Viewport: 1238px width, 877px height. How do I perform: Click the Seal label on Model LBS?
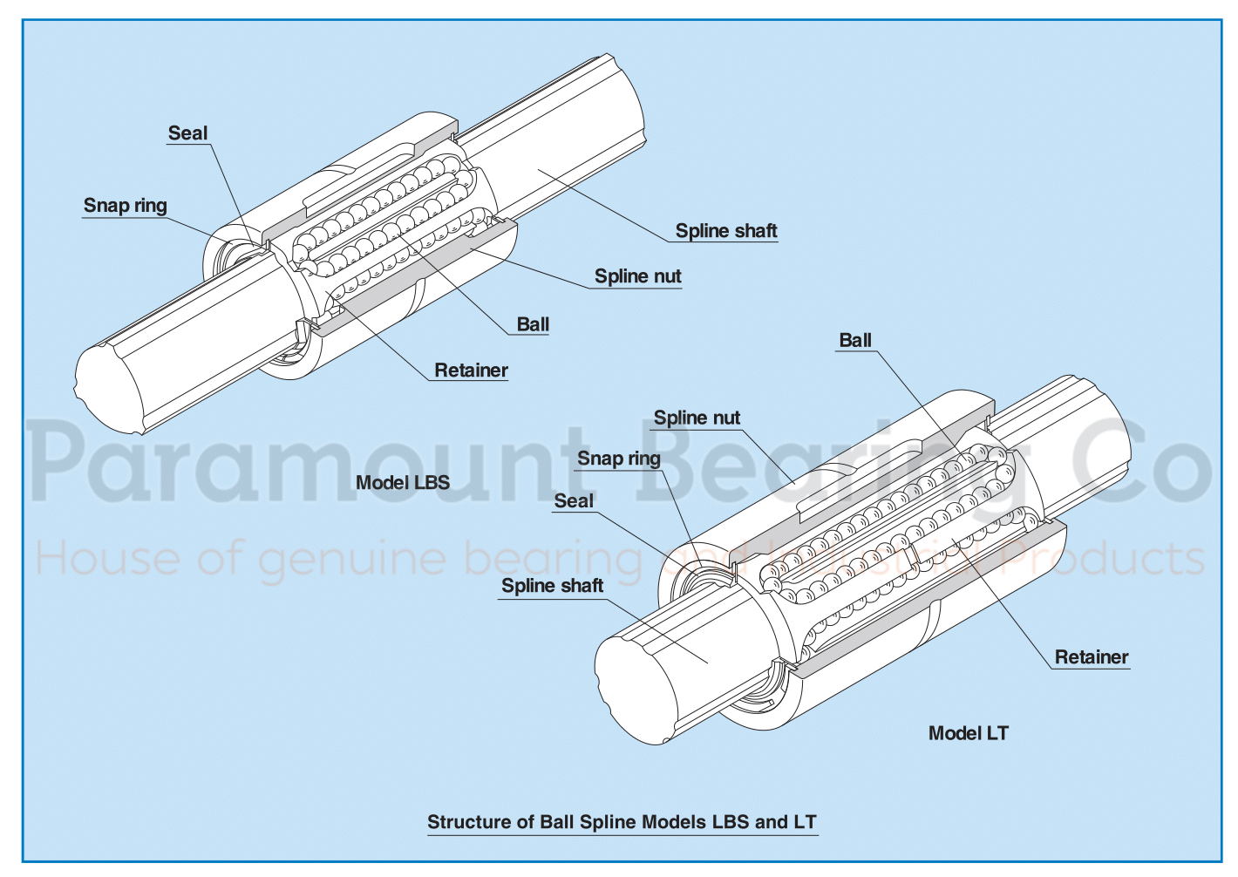(187, 133)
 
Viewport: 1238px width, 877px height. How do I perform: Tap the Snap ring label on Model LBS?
(125, 206)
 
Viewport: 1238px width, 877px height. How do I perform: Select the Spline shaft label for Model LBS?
(725, 231)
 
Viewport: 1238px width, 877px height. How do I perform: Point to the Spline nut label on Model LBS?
(637, 276)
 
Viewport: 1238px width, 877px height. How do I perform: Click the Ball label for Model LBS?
(533, 324)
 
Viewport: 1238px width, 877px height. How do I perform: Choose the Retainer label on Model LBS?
(471, 371)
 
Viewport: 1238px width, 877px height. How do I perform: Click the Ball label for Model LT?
(854, 341)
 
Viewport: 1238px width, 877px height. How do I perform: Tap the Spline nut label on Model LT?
(697, 418)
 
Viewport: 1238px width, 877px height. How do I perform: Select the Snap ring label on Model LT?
(619, 459)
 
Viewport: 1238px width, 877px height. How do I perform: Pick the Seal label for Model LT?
(574, 501)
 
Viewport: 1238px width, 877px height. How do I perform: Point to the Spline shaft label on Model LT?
(552, 586)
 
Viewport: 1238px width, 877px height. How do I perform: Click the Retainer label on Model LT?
(1091, 657)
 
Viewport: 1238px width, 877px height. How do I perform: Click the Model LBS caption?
(402, 483)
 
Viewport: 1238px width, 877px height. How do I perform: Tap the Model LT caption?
(968, 733)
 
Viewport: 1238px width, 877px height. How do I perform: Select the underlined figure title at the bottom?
(622, 822)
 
